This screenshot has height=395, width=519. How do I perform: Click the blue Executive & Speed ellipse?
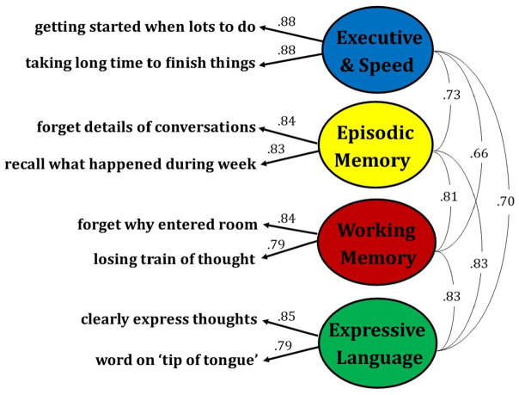(378, 50)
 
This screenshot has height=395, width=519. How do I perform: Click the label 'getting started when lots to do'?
(145, 26)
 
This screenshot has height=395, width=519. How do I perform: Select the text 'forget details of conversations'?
(145, 127)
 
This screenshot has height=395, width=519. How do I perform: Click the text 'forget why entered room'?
(167, 225)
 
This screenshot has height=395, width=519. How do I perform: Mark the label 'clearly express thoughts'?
(169, 319)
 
